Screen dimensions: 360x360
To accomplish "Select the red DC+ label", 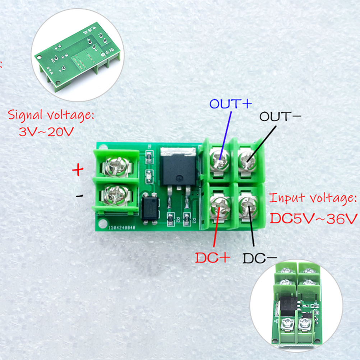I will click(212, 258).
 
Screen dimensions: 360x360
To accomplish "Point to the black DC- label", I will click(259, 258).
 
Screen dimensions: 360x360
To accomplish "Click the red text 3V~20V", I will click(46, 132).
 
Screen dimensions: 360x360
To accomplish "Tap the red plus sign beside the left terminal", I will click(78, 170).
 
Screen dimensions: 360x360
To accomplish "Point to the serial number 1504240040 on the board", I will click(122, 227).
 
